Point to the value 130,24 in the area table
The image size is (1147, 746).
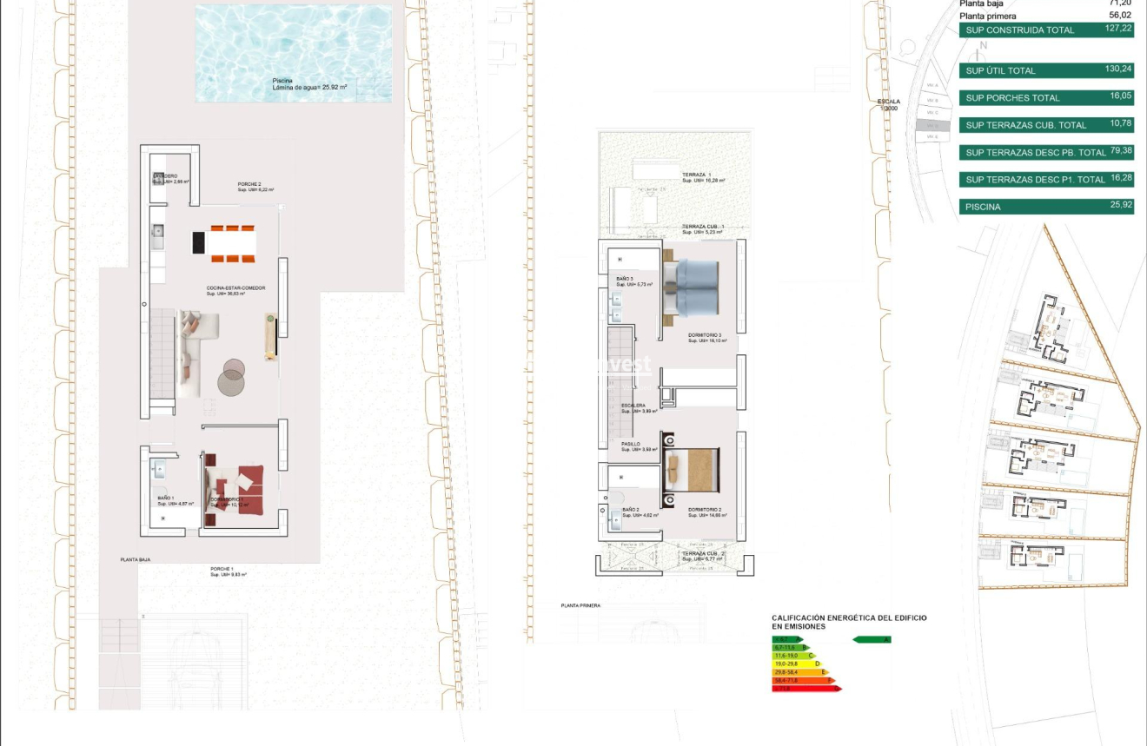click(1119, 69)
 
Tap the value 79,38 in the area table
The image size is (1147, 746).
click(1120, 150)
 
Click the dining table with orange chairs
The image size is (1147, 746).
click(224, 243)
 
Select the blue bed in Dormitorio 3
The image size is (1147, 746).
click(691, 287)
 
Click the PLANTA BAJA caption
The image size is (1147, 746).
click(135, 560)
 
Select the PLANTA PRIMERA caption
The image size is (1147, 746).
click(580, 605)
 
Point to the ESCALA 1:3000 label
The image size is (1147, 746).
click(888, 104)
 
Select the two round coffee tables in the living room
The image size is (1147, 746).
click(232, 375)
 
